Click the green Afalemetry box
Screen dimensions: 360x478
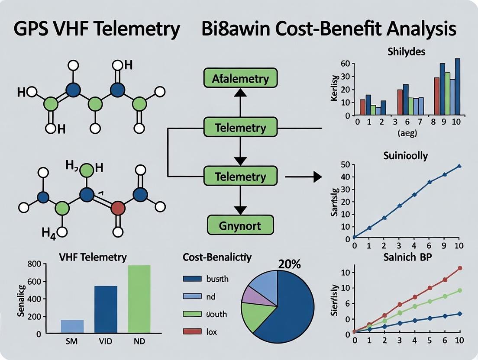tap(240, 79)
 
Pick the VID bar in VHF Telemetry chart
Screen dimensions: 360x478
tap(106, 310)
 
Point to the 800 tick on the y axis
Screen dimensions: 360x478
tap(35, 264)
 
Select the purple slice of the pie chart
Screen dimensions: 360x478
tap(250, 294)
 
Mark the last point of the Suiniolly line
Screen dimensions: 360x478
tap(459, 166)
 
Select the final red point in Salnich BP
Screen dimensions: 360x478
tap(460, 268)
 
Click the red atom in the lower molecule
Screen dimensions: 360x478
tap(118, 208)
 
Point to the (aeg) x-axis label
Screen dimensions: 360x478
tap(407, 133)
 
